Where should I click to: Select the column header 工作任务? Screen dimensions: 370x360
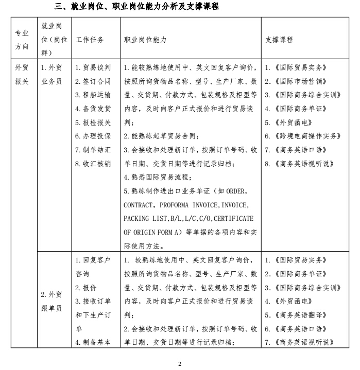[x=90, y=40]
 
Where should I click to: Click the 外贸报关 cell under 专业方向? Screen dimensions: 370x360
[x=22, y=74]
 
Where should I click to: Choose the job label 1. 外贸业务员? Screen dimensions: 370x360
[x=52, y=74]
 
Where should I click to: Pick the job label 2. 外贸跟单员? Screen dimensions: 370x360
[x=52, y=301]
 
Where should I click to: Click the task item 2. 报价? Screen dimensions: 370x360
[x=86, y=287]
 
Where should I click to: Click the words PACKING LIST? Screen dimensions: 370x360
[x=146, y=218]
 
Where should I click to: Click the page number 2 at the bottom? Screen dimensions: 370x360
[x=180, y=364]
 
